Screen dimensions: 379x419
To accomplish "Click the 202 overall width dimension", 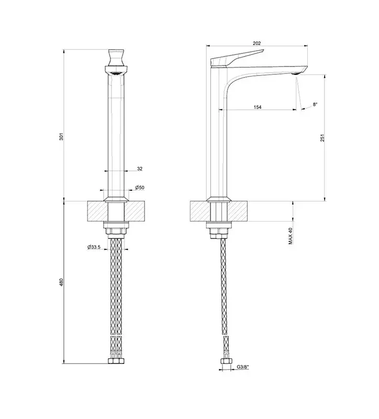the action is click(x=257, y=43).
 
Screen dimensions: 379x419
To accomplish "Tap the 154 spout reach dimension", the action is click(x=257, y=107).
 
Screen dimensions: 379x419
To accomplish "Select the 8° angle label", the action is click(x=315, y=104).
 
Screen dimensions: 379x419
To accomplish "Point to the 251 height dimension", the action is click(x=322, y=138).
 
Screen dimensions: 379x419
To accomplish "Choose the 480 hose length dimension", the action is click(x=61, y=282).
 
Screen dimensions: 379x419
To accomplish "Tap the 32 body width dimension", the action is click(x=140, y=169).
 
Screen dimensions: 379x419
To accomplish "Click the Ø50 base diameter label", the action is click(x=139, y=188).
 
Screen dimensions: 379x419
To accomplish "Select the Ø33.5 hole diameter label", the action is click(x=94, y=247).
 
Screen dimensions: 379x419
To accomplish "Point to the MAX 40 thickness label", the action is click(x=291, y=236).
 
